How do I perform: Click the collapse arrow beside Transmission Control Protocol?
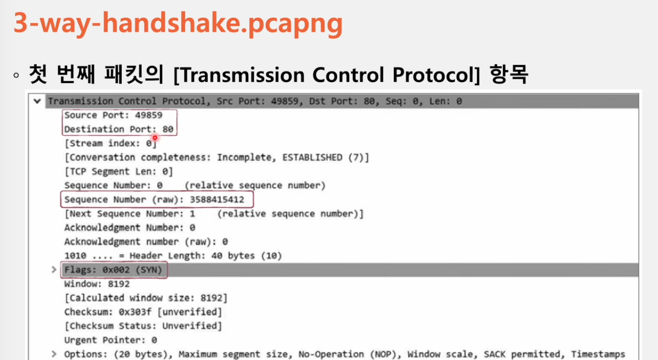coord(37,101)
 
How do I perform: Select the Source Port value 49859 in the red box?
coord(149,115)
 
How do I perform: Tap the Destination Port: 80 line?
coord(119,129)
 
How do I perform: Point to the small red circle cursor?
coord(155,137)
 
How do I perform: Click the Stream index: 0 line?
coord(110,143)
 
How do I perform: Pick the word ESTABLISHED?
coord(312,157)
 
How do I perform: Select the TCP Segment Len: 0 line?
coord(119,171)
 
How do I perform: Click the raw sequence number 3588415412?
coord(217,200)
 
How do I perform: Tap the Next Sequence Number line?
coord(214,213)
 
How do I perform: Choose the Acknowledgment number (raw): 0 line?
coord(146,242)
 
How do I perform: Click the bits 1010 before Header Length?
coord(75,256)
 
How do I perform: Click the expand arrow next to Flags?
coord(54,270)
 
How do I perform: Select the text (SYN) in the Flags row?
coord(149,270)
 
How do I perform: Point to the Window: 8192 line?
coord(97,284)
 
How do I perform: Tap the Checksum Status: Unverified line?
coord(143,326)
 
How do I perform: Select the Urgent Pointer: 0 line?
coord(110,340)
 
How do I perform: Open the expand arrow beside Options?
coord(54,354)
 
